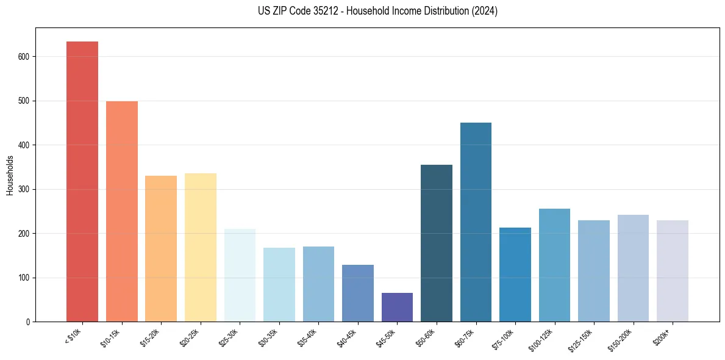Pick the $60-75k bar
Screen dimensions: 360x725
tap(476, 222)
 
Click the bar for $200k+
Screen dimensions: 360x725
tap(673, 271)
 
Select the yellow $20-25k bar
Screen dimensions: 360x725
tap(201, 247)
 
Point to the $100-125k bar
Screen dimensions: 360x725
tap(554, 265)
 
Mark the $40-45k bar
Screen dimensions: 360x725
tap(358, 293)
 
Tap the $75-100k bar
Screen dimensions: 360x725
tap(515, 275)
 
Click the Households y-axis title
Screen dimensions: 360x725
tap(10, 175)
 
